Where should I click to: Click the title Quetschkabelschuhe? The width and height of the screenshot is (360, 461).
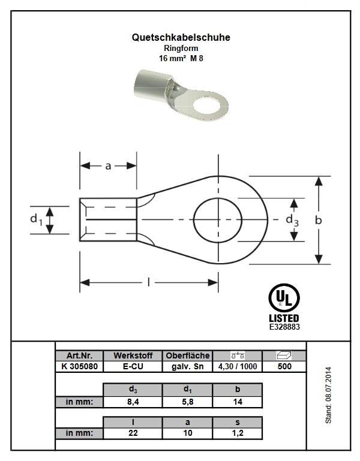pyautogui.click(x=181, y=37)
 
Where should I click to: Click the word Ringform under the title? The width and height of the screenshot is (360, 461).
pyautogui.click(x=181, y=48)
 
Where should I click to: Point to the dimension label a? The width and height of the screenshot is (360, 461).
pyautogui.click(x=109, y=166)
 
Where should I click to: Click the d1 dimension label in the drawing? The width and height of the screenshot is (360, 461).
pyautogui.click(x=37, y=219)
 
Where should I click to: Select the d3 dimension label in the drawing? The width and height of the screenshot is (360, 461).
pyautogui.click(x=292, y=220)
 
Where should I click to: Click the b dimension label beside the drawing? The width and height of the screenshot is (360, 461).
pyautogui.click(x=318, y=220)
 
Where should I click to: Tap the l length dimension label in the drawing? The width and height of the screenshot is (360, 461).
pyautogui.click(x=149, y=282)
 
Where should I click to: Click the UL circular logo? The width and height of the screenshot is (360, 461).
pyautogui.click(x=284, y=298)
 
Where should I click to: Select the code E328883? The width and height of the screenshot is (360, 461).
pyautogui.click(x=284, y=327)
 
